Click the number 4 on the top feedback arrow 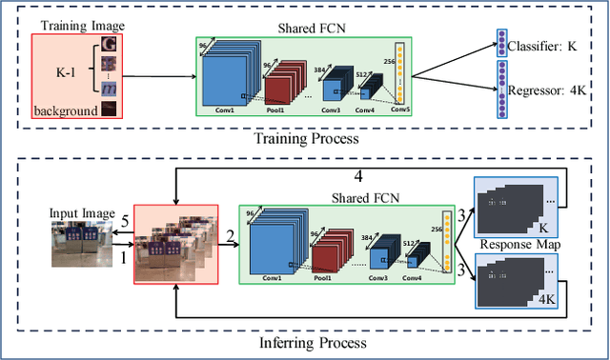tap(358, 177)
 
